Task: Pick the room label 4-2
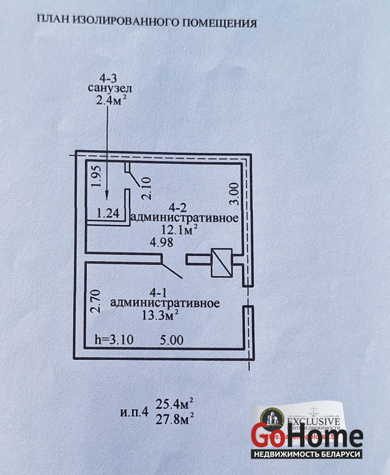click(x=179, y=207)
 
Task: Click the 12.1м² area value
click(x=181, y=229)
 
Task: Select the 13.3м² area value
click(x=159, y=314)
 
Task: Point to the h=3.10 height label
click(x=115, y=340)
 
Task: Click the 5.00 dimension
click(x=172, y=340)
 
